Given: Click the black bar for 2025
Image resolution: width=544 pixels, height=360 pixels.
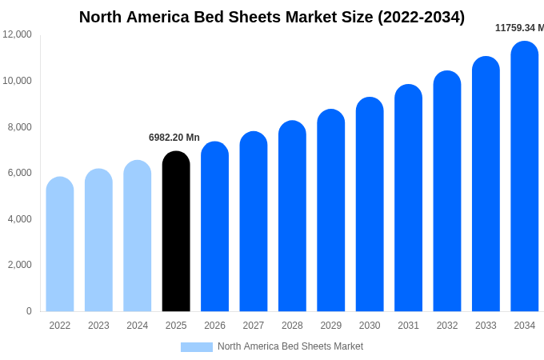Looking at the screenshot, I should (176, 231).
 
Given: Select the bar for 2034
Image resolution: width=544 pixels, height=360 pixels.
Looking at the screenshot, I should (525, 176).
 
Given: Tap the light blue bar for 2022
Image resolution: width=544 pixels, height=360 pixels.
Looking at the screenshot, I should (60, 244).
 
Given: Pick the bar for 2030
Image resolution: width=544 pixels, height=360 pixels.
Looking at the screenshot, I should (370, 204).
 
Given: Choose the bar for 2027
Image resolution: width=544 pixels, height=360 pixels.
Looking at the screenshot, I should (254, 222).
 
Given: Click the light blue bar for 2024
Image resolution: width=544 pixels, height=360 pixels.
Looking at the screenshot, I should (138, 236).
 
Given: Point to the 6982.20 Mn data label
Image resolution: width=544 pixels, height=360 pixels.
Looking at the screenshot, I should (174, 138).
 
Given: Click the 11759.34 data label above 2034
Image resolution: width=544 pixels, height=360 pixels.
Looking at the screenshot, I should (519, 28).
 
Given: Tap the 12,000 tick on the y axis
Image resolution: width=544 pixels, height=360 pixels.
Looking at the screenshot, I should (18, 34).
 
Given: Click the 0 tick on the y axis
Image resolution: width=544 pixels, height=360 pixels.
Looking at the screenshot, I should (29, 311).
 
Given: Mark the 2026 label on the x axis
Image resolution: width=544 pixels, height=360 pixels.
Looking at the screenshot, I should (214, 326).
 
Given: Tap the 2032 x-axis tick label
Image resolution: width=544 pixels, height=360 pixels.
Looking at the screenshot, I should (447, 326).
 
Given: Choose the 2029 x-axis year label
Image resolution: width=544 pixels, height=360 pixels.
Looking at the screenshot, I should (331, 326).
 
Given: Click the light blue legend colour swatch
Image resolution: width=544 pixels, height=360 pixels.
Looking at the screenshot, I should (197, 347).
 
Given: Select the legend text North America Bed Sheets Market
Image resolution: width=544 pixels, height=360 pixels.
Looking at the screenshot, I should (290, 346).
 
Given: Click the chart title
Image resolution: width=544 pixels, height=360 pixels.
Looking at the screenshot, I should (272, 17).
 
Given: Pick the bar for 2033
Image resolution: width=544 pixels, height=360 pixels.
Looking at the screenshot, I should (486, 184).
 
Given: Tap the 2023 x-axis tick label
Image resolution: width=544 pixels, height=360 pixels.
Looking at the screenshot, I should (98, 326).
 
